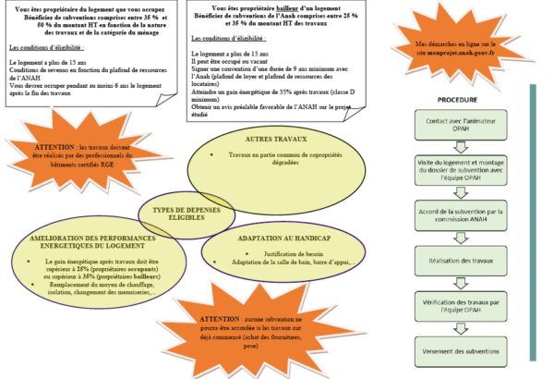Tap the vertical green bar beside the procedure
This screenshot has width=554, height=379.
533,222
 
